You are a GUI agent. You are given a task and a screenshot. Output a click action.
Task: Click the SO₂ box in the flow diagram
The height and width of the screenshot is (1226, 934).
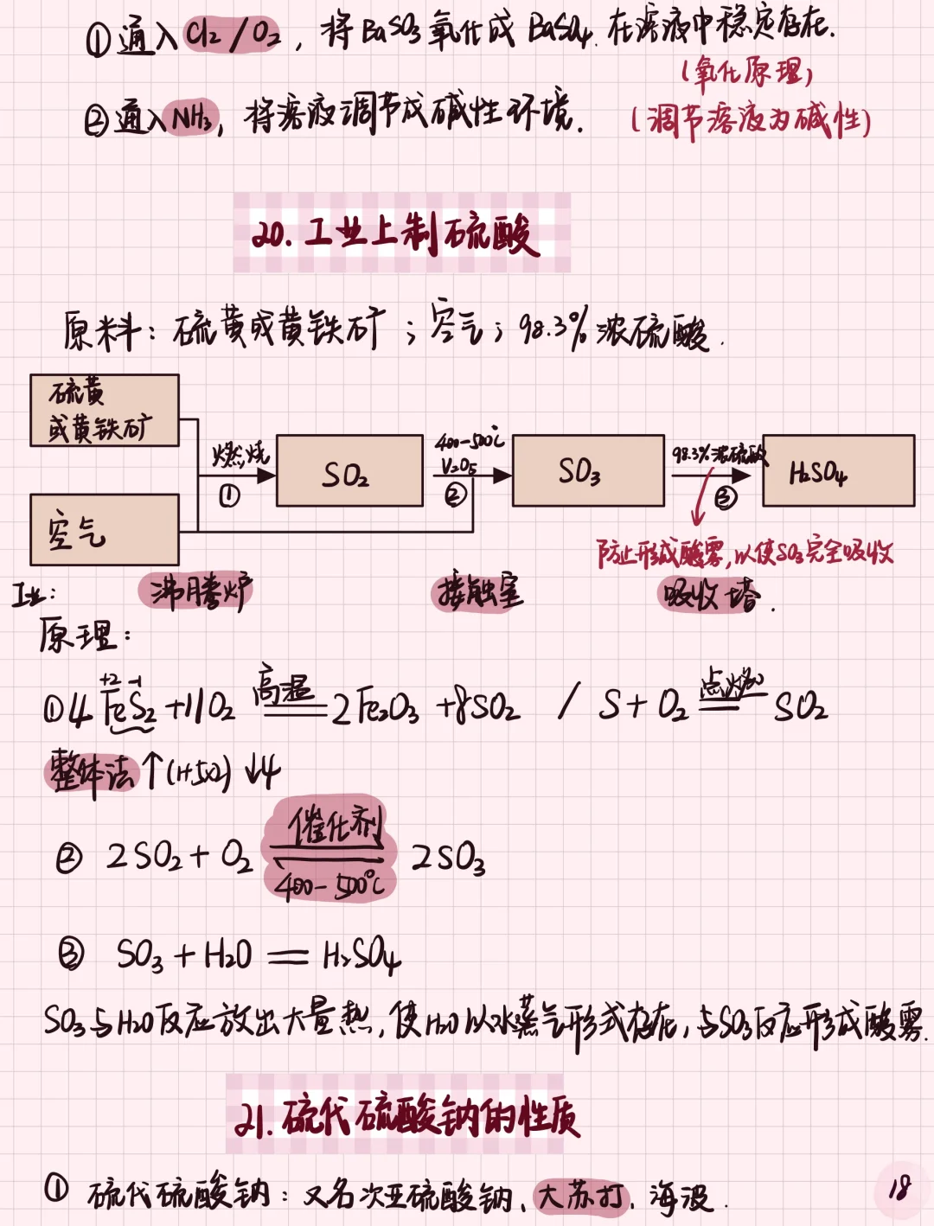pyautogui.click(x=349, y=471)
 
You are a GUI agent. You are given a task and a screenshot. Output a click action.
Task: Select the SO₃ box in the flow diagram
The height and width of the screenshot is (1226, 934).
pyautogui.click(x=588, y=471)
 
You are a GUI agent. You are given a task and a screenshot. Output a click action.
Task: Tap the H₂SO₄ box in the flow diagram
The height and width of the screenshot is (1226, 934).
pyautogui.click(x=837, y=471)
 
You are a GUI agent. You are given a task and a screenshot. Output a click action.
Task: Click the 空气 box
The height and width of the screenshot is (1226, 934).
pyautogui.click(x=104, y=530)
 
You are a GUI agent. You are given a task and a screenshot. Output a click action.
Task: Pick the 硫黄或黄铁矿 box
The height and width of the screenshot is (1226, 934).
pyautogui.click(x=104, y=411)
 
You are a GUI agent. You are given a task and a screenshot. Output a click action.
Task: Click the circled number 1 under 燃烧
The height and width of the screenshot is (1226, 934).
pyautogui.click(x=229, y=495)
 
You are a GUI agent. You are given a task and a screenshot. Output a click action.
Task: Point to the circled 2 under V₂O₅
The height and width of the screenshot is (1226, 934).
pyautogui.click(x=456, y=494)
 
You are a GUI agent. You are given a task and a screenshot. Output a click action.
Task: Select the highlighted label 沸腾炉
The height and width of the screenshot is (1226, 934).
pyautogui.click(x=196, y=592)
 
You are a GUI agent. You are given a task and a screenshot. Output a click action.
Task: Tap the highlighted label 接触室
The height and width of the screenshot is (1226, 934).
pyautogui.click(x=478, y=592)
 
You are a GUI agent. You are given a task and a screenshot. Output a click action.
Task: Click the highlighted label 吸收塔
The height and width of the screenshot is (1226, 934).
pyautogui.click(x=709, y=594)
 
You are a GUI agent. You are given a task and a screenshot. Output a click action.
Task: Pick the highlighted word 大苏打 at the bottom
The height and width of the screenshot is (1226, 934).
pyautogui.click(x=579, y=1197)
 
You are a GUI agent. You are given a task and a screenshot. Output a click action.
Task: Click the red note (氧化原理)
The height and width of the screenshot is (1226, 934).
pyautogui.click(x=748, y=73)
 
